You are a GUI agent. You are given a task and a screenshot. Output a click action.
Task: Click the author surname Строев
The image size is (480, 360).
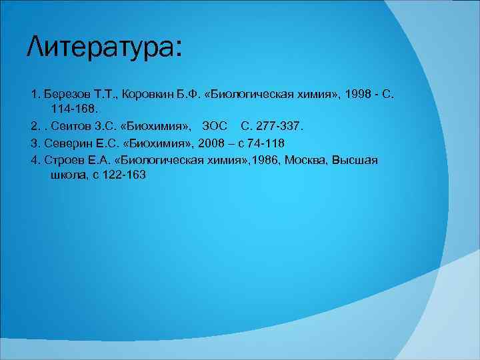63,161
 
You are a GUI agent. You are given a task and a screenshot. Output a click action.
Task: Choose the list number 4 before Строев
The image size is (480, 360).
33,161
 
